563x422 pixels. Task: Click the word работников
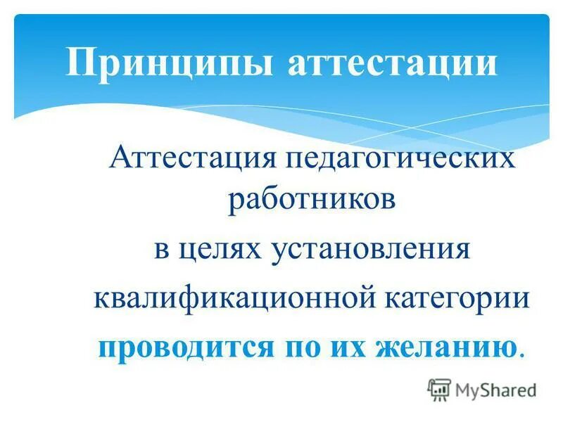311,200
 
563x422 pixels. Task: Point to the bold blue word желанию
443,346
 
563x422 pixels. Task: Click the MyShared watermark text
495,389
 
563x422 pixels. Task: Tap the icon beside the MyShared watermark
439,389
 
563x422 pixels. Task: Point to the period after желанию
521,353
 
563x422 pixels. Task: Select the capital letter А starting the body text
120,157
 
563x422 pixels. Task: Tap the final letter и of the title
485,63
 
